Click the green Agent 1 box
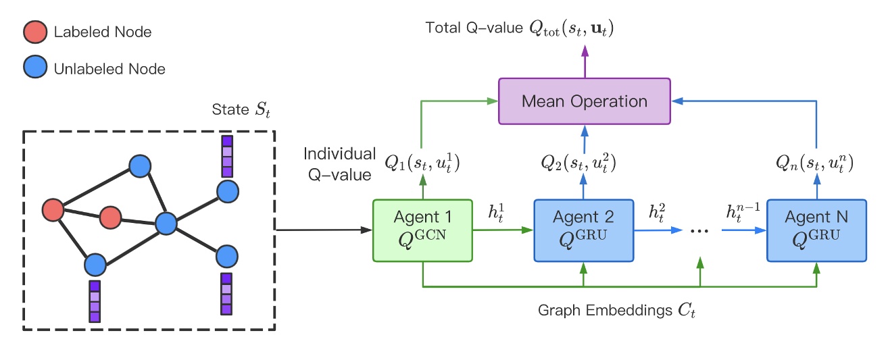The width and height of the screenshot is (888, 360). (422, 230)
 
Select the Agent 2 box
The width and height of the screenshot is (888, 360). (583, 230)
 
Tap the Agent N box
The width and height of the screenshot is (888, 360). (816, 230)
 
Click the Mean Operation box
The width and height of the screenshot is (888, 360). (584, 101)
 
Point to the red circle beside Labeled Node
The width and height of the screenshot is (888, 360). (34, 32)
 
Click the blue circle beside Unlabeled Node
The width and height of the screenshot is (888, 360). (34, 68)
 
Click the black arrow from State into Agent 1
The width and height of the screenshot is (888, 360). (324, 230)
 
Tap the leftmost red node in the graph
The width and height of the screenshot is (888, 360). (53, 210)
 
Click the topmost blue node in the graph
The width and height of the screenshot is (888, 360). (139, 165)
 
